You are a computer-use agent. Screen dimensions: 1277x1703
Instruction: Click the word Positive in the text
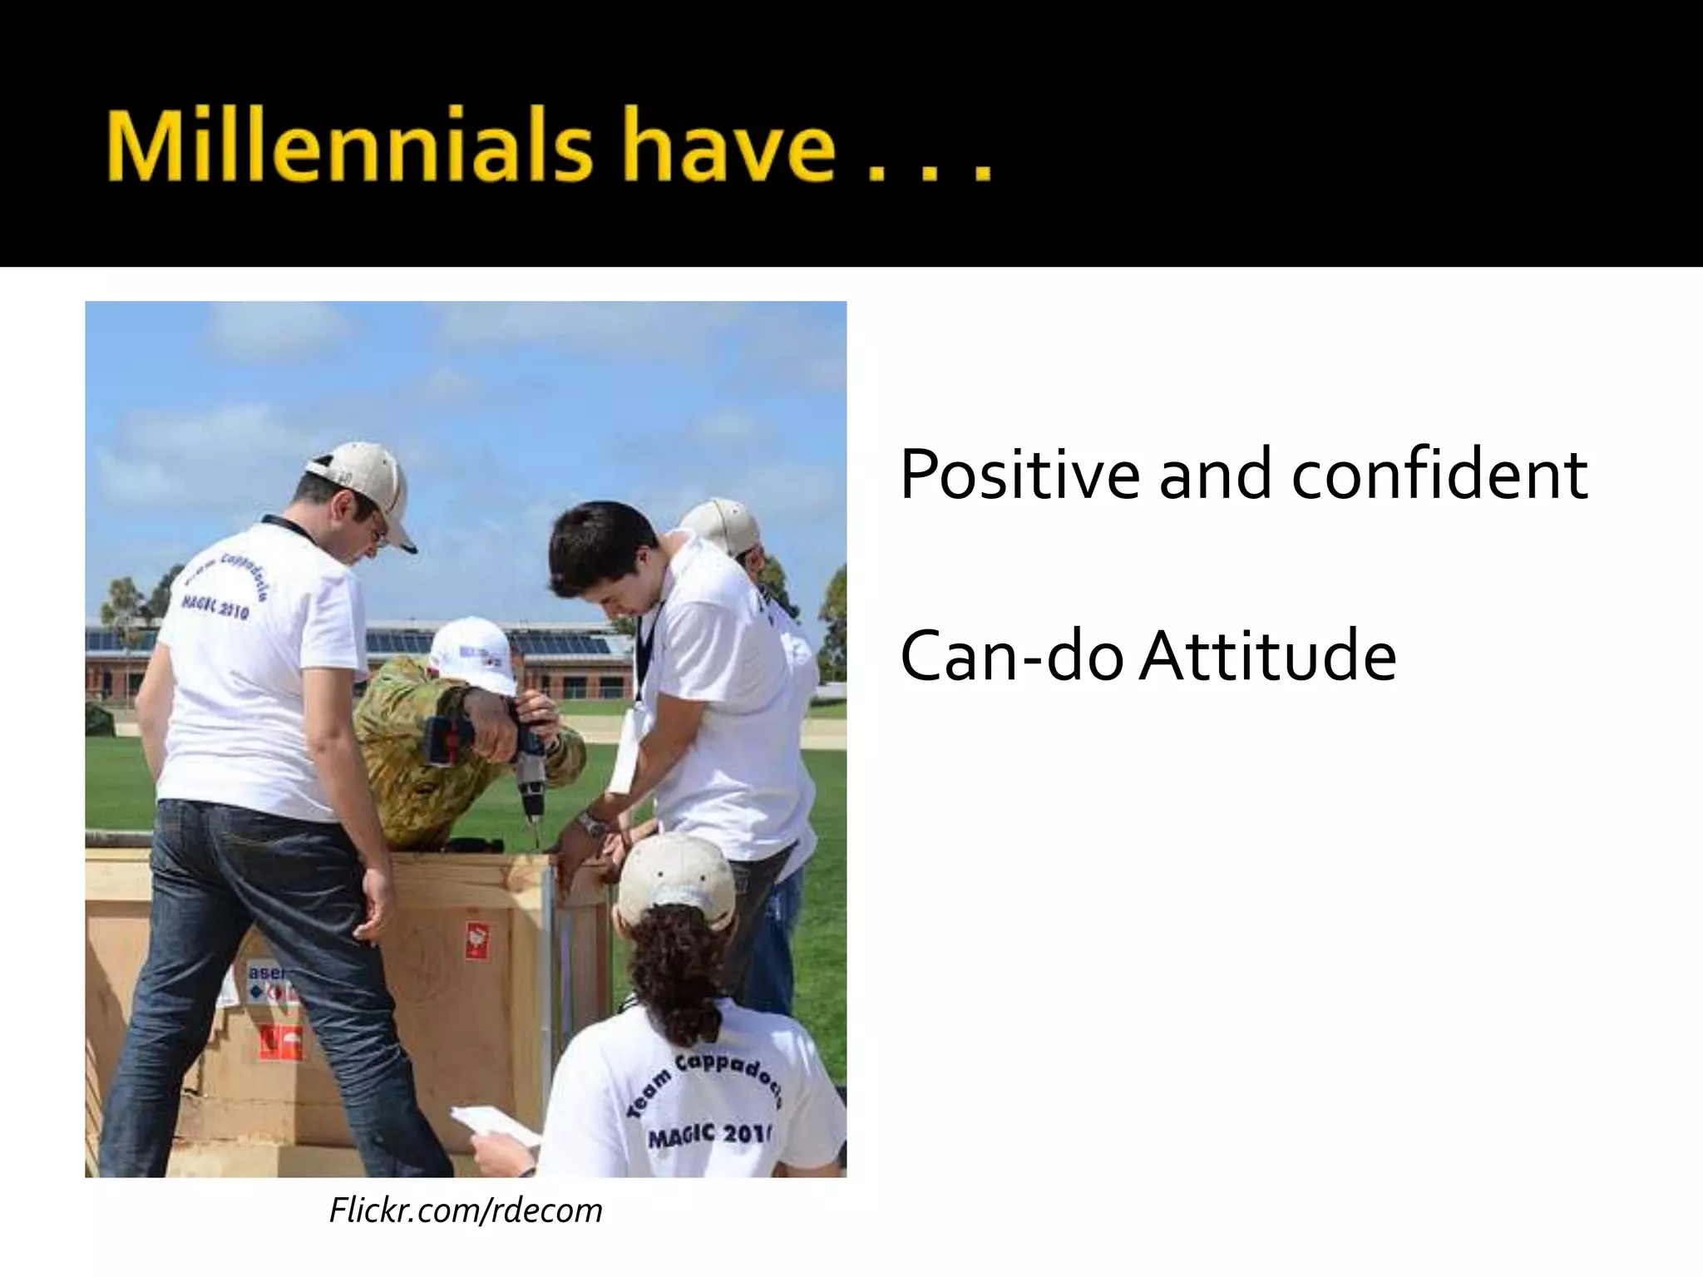[x=1019, y=475]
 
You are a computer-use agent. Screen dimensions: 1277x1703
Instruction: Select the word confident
[x=1439, y=475]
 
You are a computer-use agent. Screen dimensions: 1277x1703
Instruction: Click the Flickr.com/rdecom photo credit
[x=466, y=1210]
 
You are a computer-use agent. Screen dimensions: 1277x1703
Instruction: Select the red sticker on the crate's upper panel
[x=476, y=939]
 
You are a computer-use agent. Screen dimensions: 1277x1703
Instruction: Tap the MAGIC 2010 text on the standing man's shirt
[x=215, y=608]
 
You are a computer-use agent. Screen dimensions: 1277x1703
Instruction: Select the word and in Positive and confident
[x=1214, y=475]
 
